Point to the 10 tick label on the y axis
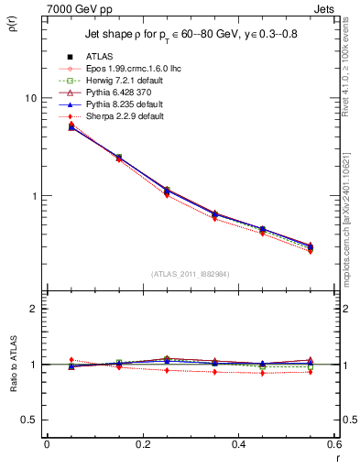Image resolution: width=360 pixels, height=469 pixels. (x=29, y=98)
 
